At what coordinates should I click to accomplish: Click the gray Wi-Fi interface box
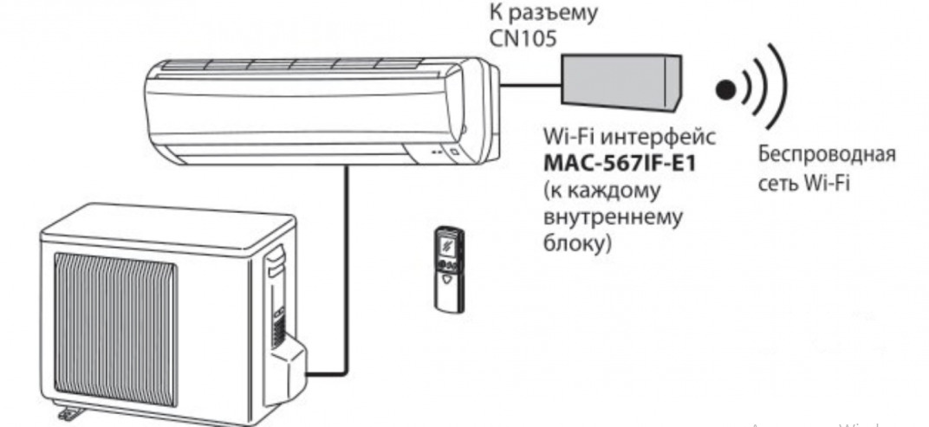coord(620,81)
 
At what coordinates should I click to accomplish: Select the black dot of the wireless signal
coord(724,87)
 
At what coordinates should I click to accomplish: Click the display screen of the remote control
coord(449,244)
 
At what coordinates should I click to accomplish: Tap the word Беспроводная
coord(827,156)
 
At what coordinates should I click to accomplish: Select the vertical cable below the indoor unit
coord(347,260)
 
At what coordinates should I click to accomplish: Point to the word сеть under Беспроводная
coord(779,184)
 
